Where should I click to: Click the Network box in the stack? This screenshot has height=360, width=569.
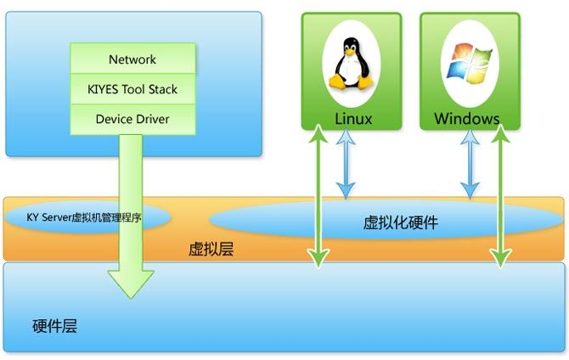[x=132, y=59]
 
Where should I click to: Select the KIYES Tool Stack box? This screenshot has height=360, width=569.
[x=132, y=89]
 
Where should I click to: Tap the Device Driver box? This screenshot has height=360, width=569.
[x=132, y=119]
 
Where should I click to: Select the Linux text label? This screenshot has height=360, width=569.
[x=352, y=119]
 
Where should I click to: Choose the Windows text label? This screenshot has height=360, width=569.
[x=466, y=119]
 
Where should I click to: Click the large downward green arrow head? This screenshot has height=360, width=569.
[x=130, y=281]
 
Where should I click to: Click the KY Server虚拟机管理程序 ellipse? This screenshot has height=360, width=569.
[x=85, y=217]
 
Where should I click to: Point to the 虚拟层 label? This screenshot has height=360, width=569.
[x=211, y=250]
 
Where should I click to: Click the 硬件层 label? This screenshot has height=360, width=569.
[x=54, y=326]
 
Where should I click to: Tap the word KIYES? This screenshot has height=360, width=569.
[x=105, y=89]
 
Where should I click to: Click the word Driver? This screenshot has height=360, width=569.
[x=150, y=119]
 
